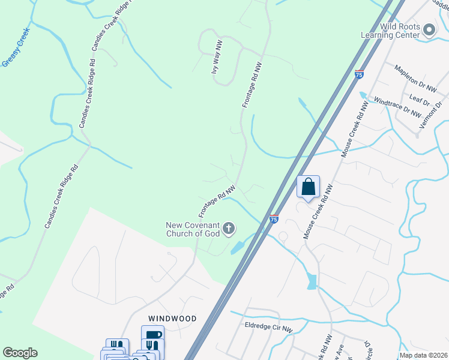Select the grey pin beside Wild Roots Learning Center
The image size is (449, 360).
[429, 29]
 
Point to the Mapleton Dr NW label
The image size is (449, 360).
[415, 78]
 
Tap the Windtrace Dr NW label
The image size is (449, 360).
[397, 105]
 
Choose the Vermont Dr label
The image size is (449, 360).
[431, 112]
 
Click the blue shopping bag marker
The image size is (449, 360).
[309, 187]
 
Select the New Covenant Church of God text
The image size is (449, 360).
[193, 229]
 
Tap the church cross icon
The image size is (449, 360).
[229, 229]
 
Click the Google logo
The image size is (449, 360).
[20, 352]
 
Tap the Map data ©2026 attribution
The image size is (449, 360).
[423, 355]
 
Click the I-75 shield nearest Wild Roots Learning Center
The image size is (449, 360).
[359, 74]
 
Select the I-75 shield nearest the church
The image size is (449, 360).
[274, 220]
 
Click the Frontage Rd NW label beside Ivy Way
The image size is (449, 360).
[253, 85]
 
